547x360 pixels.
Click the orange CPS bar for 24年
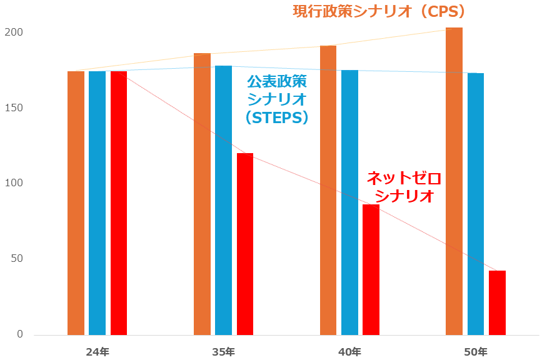[x=76, y=203]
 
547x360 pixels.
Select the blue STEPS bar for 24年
[x=97, y=203]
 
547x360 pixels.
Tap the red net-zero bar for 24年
[x=119, y=203]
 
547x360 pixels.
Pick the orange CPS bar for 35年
[x=202, y=194]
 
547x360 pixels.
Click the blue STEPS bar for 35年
[x=223, y=200]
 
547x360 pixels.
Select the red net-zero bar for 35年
[x=245, y=244]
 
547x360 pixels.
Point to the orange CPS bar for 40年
[x=328, y=190]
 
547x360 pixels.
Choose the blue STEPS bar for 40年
[x=349, y=202]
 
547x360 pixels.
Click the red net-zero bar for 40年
[x=371, y=269]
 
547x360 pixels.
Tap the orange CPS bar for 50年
[x=454, y=181]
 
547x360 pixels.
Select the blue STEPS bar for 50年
[x=476, y=204]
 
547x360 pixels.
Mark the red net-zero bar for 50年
[x=497, y=302]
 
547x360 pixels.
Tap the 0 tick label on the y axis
[x=19, y=334]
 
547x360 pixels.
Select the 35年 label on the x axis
[x=223, y=352]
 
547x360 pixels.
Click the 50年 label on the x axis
[x=476, y=352]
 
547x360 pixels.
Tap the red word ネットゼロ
[x=403, y=178]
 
